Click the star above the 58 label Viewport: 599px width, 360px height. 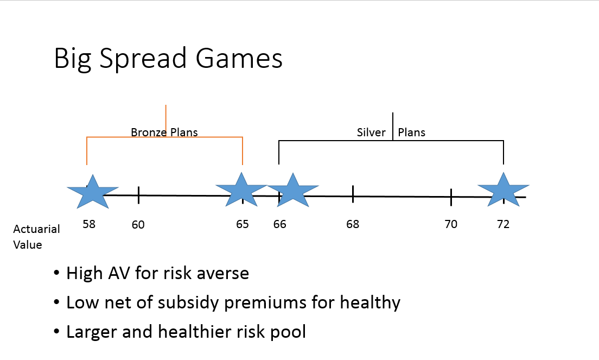coord(93,193)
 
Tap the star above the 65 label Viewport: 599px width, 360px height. coord(241,191)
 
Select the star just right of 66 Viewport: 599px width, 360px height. coord(293,191)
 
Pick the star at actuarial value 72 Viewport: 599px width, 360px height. coord(504,191)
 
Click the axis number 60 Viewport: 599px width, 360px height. coord(138,225)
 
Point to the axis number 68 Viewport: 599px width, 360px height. coord(353,224)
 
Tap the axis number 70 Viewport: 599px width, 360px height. coord(451,224)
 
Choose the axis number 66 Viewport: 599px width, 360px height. coord(279,224)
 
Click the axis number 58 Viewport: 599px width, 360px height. coord(89,224)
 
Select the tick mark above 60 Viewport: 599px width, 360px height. coord(139,195)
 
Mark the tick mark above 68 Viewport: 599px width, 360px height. coord(353,194)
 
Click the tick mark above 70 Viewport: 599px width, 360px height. coord(451,197)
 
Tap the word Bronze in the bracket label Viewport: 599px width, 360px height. coord(149,132)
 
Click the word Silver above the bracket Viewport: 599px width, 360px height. coord(371,132)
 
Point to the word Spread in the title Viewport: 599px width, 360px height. coord(143,59)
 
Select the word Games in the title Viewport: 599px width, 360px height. coord(239,58)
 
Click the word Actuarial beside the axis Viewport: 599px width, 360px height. coord(37,229)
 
